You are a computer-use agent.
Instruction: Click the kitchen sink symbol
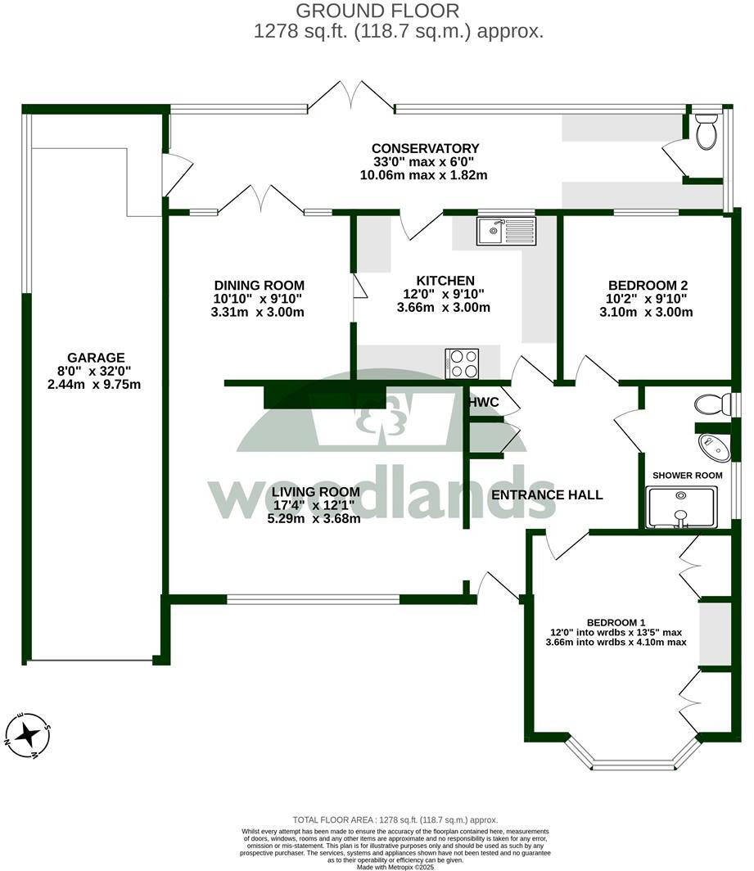[x=506, y=231]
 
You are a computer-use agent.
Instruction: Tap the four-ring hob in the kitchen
[x=462, y=364]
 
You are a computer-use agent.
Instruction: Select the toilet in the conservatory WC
[x=706, y=132]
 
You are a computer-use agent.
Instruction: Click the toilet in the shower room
[x=711, y=404]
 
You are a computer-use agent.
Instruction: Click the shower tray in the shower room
[x=681, y=508]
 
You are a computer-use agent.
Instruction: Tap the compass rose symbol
[x=28, y=734]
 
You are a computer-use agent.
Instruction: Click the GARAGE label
[x=96, y=358]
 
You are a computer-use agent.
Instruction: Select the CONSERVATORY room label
[x=423, y=148]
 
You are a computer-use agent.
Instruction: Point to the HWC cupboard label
[x=483, y=403]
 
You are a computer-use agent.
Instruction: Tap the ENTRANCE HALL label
[x=546, y=494]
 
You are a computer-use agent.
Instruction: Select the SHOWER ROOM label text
[x=687, y=476]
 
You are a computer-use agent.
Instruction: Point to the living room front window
[x=313, y=599]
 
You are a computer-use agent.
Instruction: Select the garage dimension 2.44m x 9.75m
[x=95, y=384]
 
